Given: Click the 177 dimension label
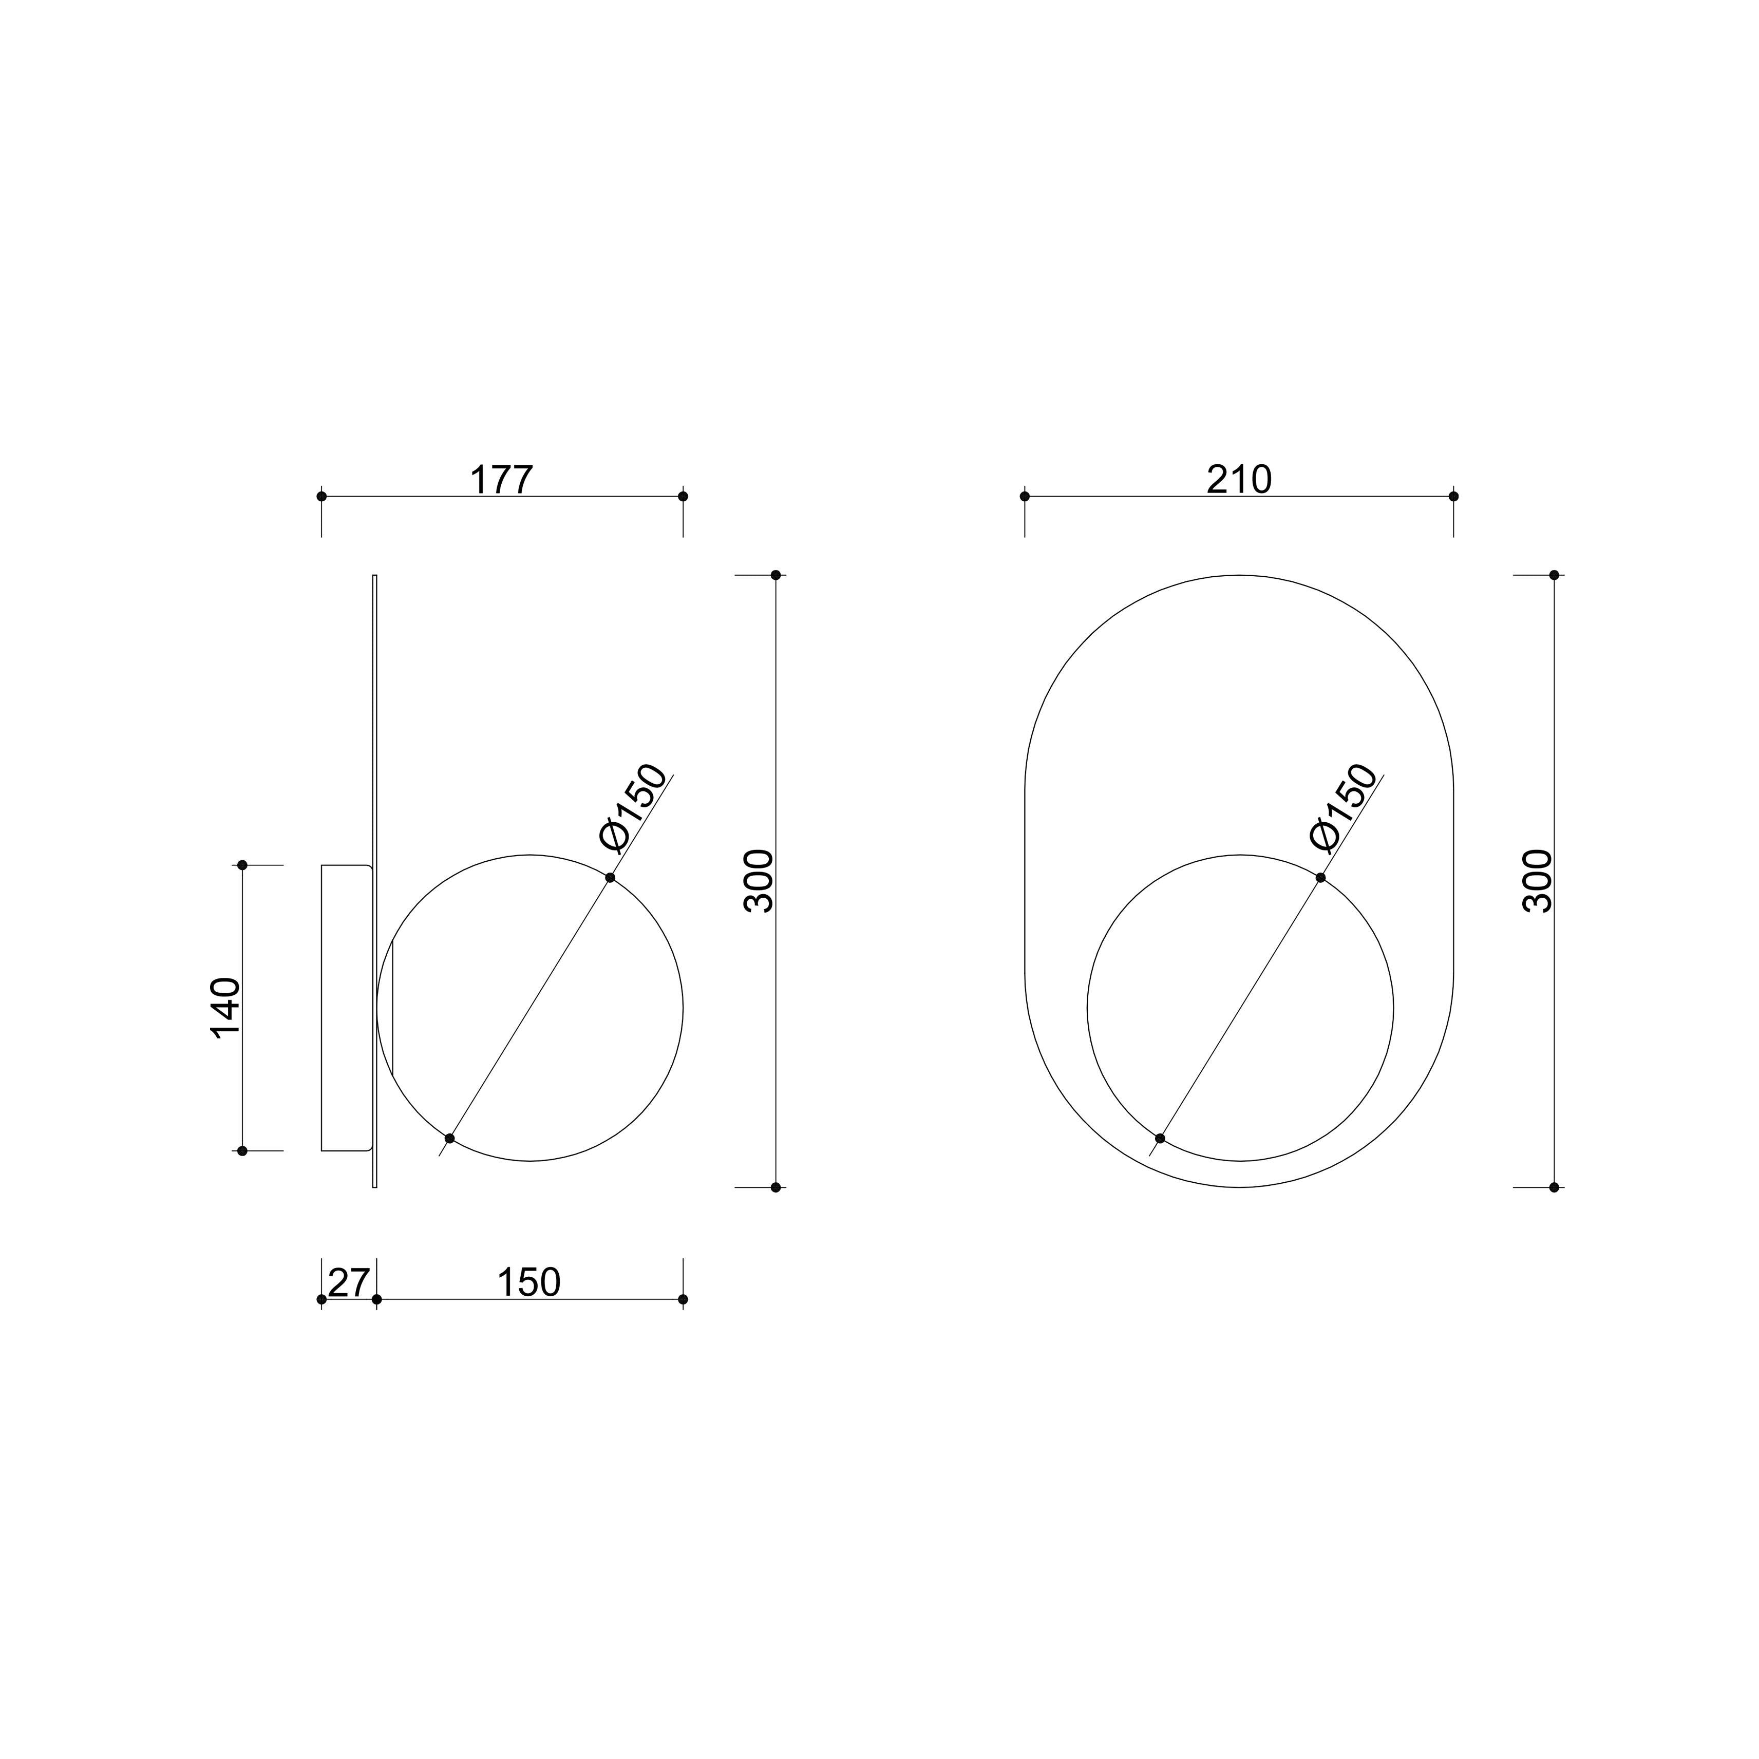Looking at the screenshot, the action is (501, 480).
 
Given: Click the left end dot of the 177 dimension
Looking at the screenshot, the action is (321, 496).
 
